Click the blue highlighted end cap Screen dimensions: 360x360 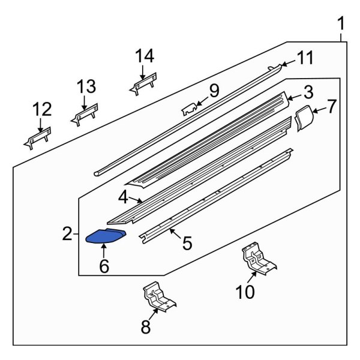[x=106, y=236]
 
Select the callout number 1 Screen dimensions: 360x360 [x=341, y=23]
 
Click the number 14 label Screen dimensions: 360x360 [x=145, y=56]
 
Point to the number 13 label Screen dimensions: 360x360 [x=86, y=86]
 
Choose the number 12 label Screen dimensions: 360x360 [x=42, y=109]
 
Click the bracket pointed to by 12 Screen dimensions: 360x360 [x=37, y=138]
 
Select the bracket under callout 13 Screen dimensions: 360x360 [x=84, y=115]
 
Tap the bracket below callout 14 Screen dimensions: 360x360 [x=143, y=84]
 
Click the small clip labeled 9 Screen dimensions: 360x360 [x=190, y=109]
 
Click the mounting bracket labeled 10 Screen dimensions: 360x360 [x=259, y=258]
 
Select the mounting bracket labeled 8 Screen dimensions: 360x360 [x=160, y=297]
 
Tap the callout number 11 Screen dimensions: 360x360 [x=305, y=58]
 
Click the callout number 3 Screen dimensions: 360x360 [x=308, y=92]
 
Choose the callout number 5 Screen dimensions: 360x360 [x=187, y=243]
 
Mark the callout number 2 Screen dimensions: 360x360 [x=67, y=233]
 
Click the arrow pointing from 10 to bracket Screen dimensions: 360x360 [x=252, y=277]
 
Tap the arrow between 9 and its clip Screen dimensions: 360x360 [x=202, y=101]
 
